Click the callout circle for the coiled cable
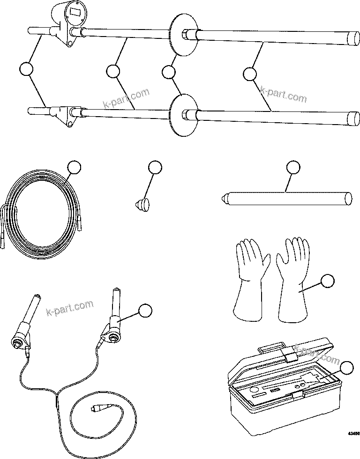point(74,168)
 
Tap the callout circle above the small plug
point(154,168)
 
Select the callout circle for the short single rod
point(293,168)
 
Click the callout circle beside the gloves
point(327,281)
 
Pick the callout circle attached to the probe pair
point(145,310)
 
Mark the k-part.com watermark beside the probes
point(70,309)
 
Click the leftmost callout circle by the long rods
point(27,69)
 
